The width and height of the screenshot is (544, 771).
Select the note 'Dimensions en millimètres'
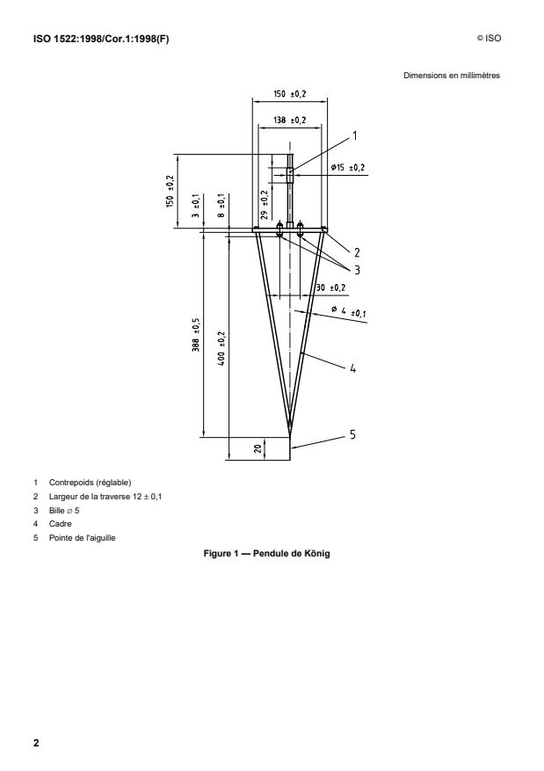tap(451, 76)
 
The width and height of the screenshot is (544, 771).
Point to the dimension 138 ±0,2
tap(289, 119)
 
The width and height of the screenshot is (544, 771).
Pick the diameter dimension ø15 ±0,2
tap(347, 167)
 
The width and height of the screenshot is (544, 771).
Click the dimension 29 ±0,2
tap(265, 202)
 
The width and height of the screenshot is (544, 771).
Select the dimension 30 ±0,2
tap(330, 287)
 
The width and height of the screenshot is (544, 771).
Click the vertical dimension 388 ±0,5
tap(195, 335)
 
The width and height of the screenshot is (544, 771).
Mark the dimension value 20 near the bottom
tap(257, 448)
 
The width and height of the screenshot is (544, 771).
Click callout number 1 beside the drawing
tap(354, 136)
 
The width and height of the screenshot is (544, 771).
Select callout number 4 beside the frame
tap(352, 370)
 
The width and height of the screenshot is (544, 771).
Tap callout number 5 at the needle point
tap(352, 434)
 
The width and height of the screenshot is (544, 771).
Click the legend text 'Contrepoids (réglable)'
tap(94, 482)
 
